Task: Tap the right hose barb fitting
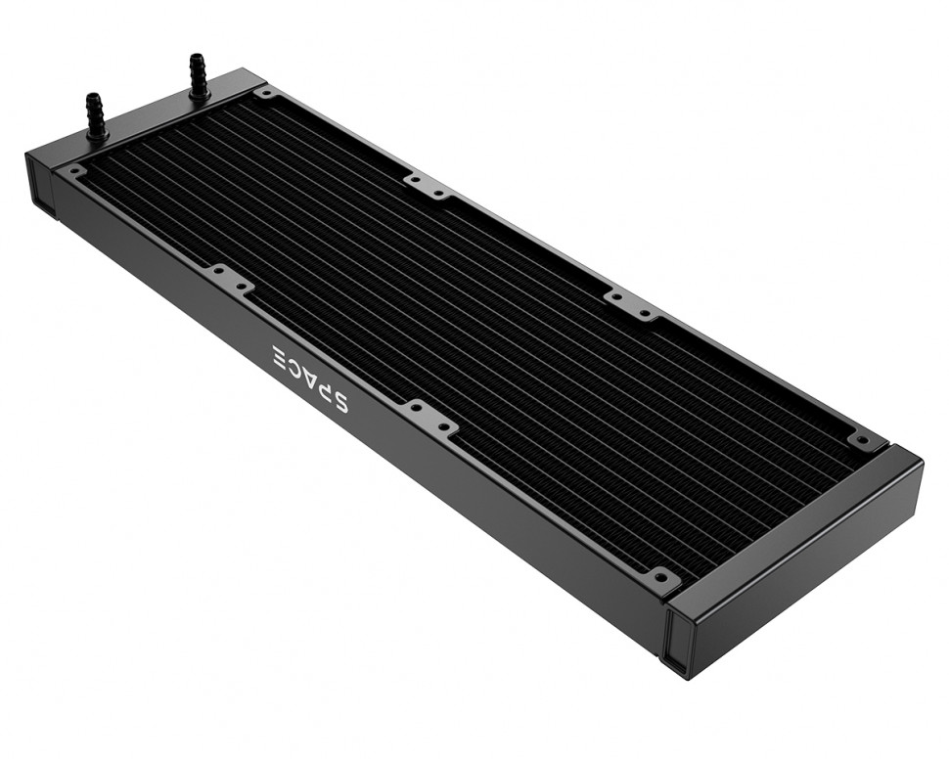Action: point(198,75)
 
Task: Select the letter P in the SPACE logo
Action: point(322,387)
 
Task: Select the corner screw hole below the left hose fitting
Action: point(75,170)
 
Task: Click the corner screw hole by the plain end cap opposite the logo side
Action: point(862,441)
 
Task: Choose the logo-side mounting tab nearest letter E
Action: point(231,281)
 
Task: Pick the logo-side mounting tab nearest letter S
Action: point(430,417)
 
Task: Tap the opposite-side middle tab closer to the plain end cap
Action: point(632,304)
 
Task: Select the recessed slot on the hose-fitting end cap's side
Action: point(42,187)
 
